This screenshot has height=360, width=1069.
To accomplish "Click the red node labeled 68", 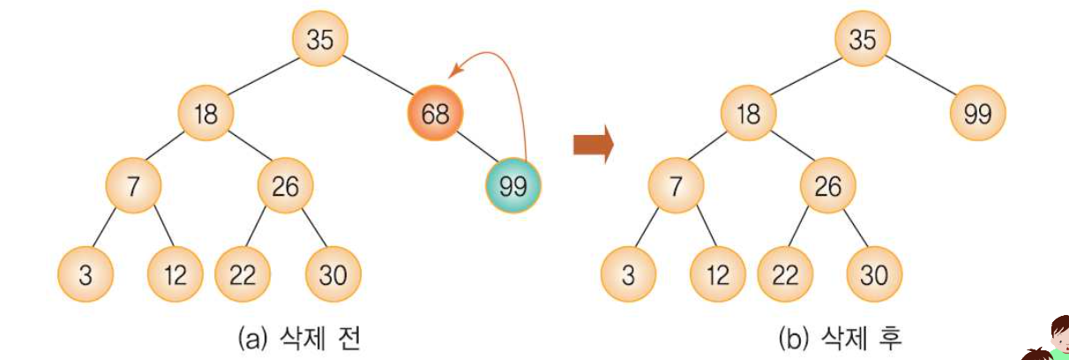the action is pos(434,114).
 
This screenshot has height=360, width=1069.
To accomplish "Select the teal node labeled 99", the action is pos(512,186).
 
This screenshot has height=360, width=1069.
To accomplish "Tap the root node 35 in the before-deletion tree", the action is pos(320,40).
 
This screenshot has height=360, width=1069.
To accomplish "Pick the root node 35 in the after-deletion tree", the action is pos(863,40).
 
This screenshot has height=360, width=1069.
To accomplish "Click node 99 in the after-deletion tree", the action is pos(977,114).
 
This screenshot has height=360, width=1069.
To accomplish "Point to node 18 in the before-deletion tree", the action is pos(205,114).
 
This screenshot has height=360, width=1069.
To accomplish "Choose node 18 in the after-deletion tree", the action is pos(748,114).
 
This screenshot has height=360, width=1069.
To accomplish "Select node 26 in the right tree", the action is pos(827,186).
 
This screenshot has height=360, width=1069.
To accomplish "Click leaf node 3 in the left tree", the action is pos(86,274).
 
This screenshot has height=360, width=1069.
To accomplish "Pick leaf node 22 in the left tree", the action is pos(243,274).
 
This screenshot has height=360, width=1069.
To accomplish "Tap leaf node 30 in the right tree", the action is pos(874,274).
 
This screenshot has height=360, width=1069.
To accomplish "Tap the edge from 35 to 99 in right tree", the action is pos(923,78).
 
